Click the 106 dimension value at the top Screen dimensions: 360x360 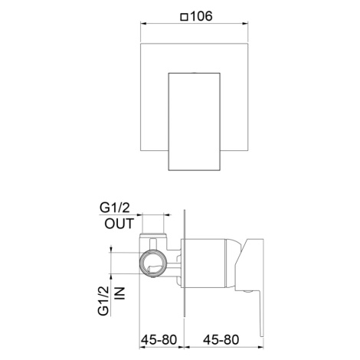(201, 16)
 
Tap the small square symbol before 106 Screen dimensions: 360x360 (184, 18)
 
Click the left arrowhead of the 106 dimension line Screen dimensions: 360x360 (143, 24)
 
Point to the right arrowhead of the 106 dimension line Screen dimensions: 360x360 (245, 24)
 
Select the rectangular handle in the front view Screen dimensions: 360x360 (195, 122)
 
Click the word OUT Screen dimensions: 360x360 (119, 224)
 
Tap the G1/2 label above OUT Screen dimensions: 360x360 (115, 208)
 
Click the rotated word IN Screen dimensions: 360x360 (120, 293)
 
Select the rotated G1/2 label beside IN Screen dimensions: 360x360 (103, 301)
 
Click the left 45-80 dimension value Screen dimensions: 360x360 (159, 340)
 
